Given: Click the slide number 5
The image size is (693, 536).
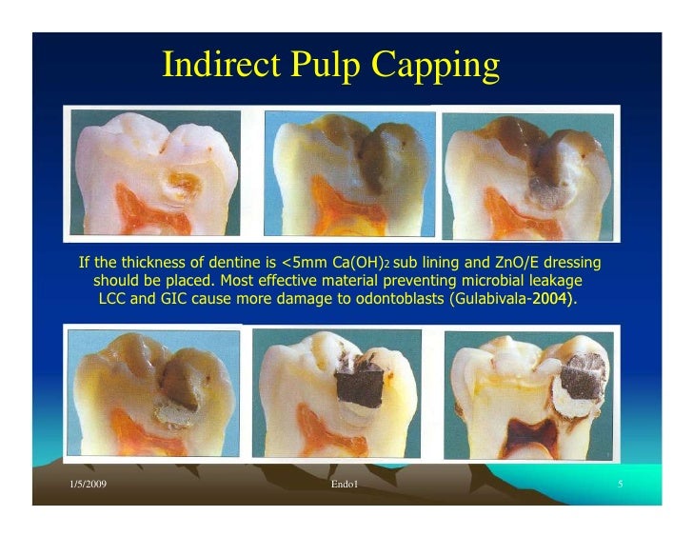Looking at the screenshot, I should coord(620,486).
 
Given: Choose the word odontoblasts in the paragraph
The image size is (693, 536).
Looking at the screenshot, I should coord(379,300).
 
